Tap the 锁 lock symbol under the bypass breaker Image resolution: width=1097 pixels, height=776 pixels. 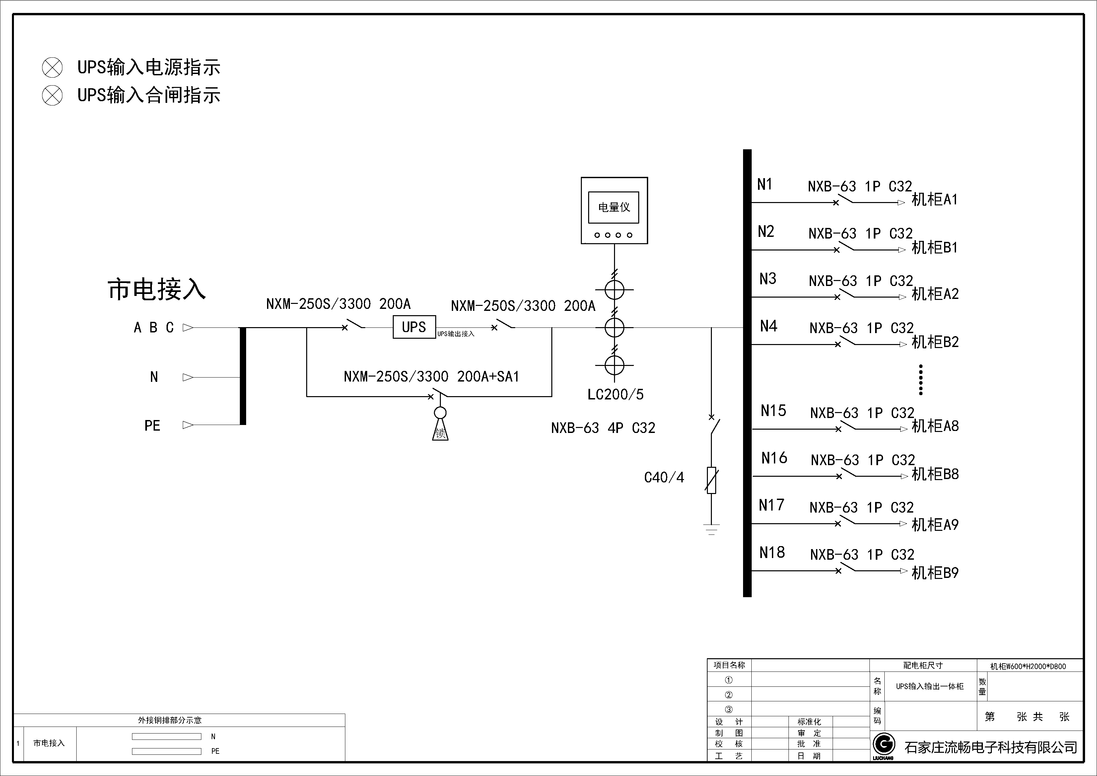click(x=440, y=432)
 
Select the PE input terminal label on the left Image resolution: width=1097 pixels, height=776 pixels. click(x=152, y=426)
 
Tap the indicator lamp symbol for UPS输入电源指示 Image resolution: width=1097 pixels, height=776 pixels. click(x=52, y=67)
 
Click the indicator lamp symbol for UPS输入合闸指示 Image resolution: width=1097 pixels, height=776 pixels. click(x=52, y=96)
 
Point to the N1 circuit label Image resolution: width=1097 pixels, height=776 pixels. click(x=765, y=184)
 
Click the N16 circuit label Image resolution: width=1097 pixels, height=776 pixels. click(x=774, y=458)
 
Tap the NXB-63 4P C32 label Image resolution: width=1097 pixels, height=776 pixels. click(x=603, y=428)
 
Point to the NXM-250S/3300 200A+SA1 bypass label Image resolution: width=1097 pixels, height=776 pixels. click(x=431, y=377)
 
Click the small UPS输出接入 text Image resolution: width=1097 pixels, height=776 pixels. click(x=456, y=334)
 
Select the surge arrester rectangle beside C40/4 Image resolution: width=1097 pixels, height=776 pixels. click(x=712, y=480)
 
